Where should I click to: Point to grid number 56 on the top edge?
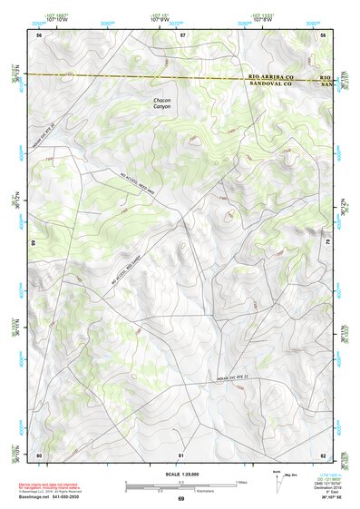click(x=39, y=34)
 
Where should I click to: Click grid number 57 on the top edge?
click(x=182, y=34)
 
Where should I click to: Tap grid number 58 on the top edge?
click(x=324, y=34)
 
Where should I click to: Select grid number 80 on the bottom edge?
click(x=39, y=454)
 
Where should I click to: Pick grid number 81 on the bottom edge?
click(x=181, y=454)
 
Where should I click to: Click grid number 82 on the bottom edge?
click(x=324, y=454)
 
